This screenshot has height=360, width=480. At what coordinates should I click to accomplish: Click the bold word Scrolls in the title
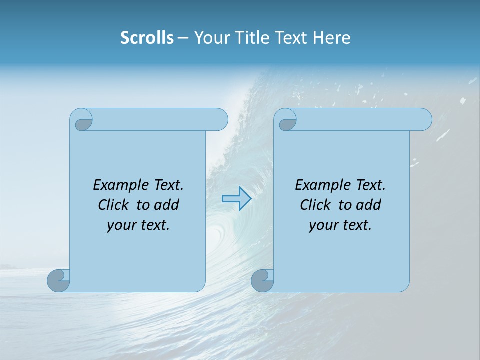pos(147,38)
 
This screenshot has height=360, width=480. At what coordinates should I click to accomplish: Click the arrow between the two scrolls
pos(236,199)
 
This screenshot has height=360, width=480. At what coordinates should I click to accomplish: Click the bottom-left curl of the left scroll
pos(58,280)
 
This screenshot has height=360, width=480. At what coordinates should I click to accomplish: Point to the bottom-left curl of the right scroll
pos(262,280)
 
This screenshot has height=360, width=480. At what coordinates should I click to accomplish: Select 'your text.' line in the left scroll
pos(138,225)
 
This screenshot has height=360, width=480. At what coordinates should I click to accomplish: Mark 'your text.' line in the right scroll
pos(340,225)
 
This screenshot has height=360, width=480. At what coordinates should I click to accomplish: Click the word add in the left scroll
pos(166,205)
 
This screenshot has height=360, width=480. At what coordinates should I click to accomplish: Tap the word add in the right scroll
pos(368,205)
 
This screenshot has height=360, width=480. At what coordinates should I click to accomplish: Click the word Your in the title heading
pos(210,38)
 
